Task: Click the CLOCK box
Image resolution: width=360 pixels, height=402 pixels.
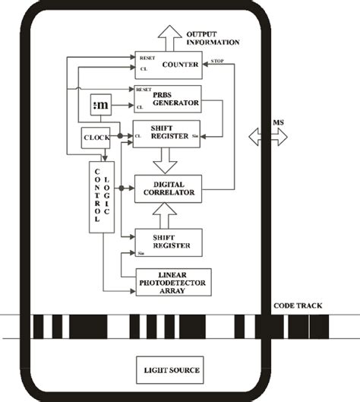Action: [96, 138]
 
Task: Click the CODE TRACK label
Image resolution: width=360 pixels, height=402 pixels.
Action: [297, 306]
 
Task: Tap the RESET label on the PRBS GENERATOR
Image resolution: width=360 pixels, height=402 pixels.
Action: [143, 89]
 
